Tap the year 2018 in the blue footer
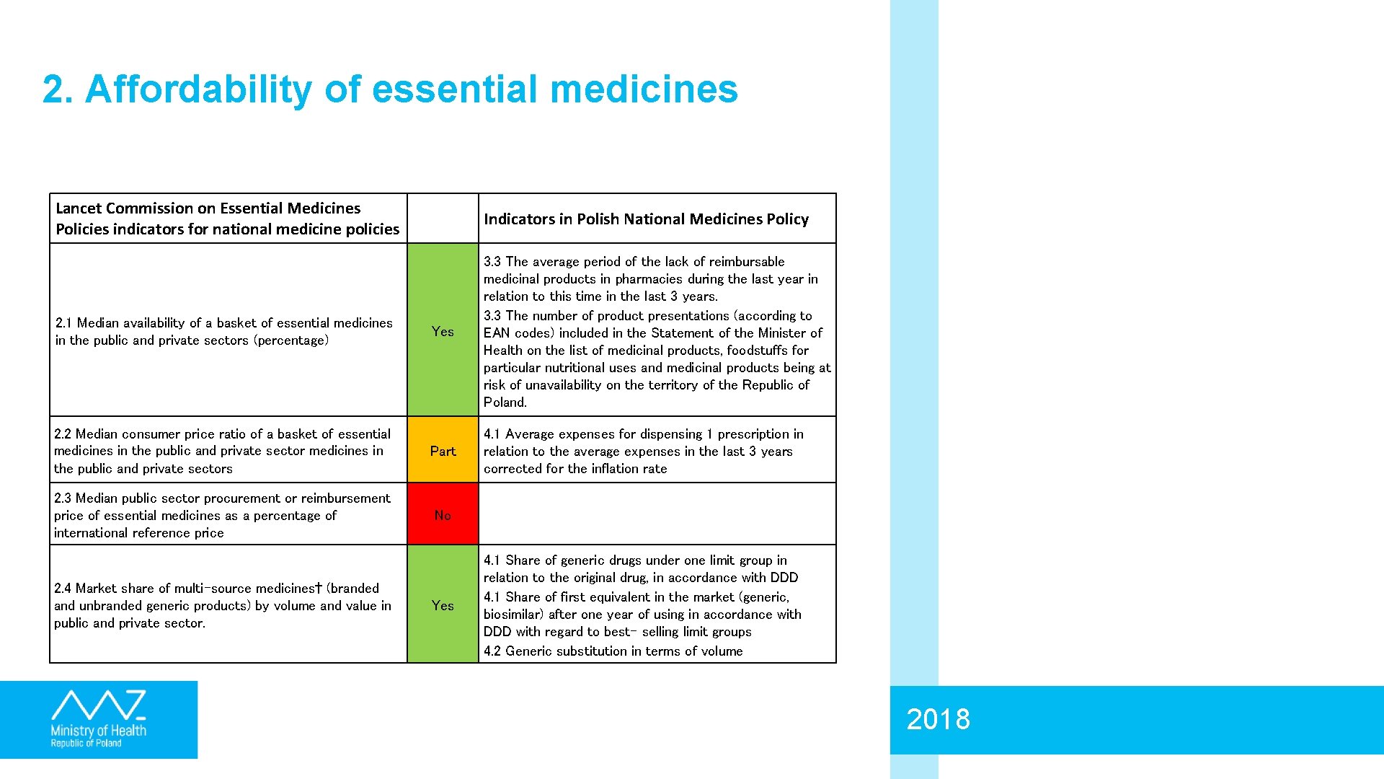tap(938, 719)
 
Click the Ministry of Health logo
tap(99, 719)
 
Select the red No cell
tap(443, 514)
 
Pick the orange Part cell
tap(443, 451)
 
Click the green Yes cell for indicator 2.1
tap(443, 331)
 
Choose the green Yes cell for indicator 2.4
tap(443, 605)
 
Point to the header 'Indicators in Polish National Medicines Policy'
tap(646, 219)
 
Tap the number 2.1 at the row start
tap(63, 322)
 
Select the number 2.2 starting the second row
tap(63, 433)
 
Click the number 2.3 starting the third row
tap(63, 498)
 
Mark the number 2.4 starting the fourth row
tap(63, 588)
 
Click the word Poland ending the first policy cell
tap(505, 402)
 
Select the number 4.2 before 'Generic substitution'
tap(492, 651)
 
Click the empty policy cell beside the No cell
tap(657, 514)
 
